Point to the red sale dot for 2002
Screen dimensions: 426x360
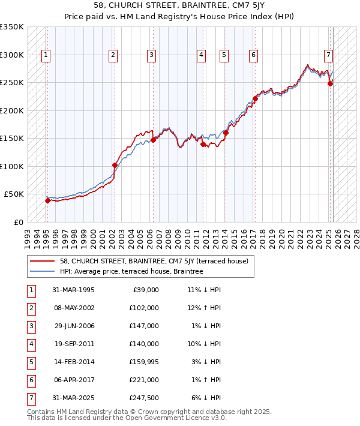pyautogui.click(x=115, y=165)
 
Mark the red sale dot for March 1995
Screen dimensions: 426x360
pyautogui.click(x=47, y=200)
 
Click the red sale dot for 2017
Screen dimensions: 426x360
pyautogui.click(x=255, y=98)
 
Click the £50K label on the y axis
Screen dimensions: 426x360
pyautogui.click(x=14, y=194)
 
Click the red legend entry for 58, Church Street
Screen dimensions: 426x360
pyautogui.click(x=158, y=261)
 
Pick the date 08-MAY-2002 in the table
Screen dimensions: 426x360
pyautogui.click(x=73, y=308)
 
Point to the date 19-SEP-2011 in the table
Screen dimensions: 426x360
pyautogui.click(x=73, y=344)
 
